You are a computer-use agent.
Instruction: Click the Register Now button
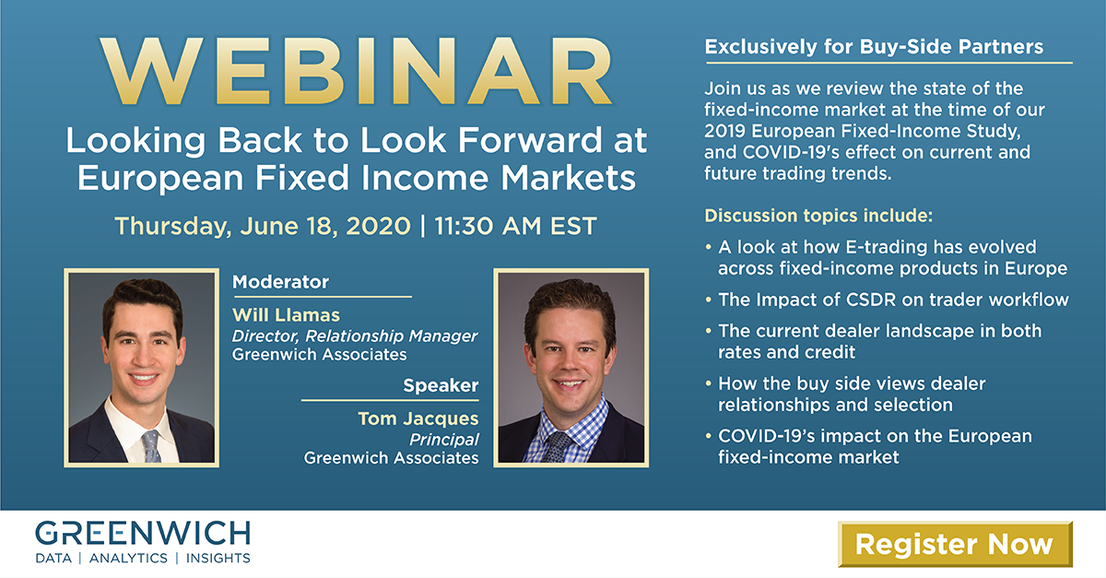click(x=955, y=544)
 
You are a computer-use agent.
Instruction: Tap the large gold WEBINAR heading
click(x=357, y=71)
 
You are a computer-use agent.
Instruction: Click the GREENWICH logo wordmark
click(x=143, y=534)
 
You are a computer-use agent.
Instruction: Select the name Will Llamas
click(x=286, y=315)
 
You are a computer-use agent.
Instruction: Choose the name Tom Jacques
click(x=418, y=419)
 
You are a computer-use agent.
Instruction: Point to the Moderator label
click(x=280, y=281)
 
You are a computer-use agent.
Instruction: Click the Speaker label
click(x=441, y=385)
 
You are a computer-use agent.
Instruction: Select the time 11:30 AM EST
click(x=515, y=226)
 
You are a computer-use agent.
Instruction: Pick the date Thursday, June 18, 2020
click(x=263, y=226)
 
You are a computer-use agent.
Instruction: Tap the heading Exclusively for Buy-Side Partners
click(x=874, y=47)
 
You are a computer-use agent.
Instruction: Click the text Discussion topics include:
click(x=818, y=216)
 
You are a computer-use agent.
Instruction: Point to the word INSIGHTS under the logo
click(x=218, y=559)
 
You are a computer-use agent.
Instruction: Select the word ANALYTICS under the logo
click(x=128, y=559)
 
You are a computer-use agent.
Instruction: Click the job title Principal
click(x=444, y=440)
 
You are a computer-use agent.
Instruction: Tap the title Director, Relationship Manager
click(x=355, y=336)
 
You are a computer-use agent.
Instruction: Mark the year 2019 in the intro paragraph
click(x=724, y=132)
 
